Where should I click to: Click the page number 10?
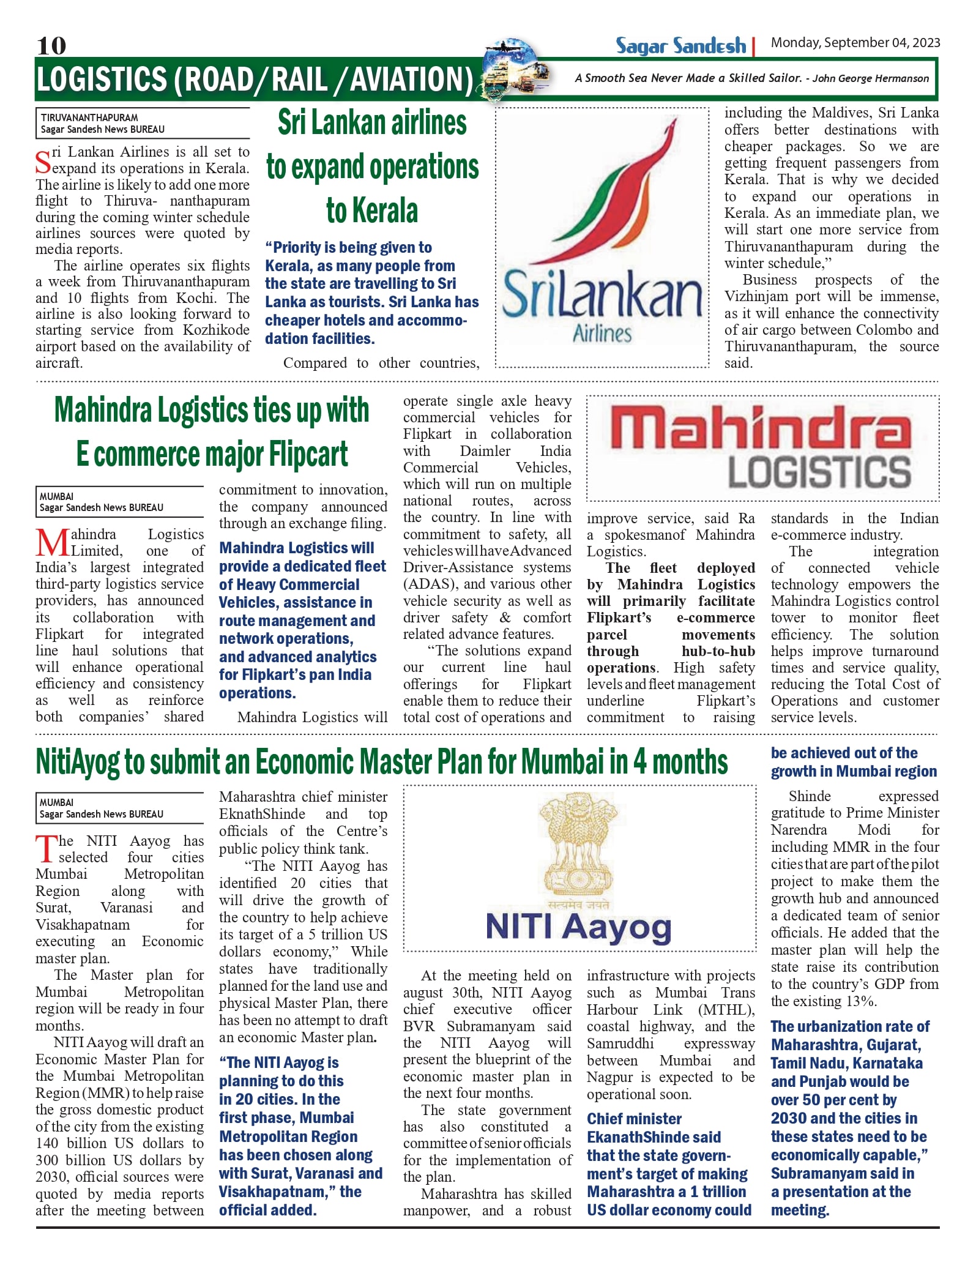click(51, 45)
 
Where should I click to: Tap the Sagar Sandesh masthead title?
click(680, 46)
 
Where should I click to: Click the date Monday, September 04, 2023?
click(855, 42)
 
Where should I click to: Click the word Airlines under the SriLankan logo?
click(602, 334)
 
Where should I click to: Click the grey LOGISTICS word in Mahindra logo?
click(819, 472)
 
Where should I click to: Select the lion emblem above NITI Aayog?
click(578, 844)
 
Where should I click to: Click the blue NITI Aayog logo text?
click(578, 927)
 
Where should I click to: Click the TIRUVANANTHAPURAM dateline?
click(89, 118)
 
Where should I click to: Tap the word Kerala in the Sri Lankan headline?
click(372, 211)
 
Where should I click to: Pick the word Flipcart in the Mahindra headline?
click(308, 454)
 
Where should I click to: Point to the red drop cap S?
click(43, 162)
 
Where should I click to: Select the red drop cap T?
click(46, 849)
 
